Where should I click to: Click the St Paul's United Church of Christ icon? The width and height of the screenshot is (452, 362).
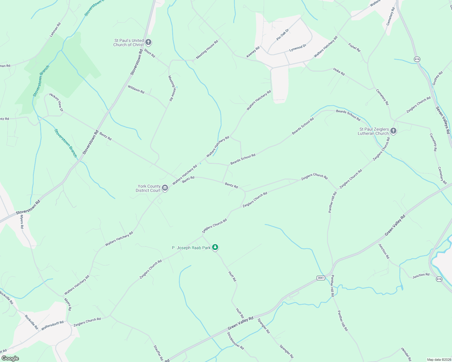coord(148,42)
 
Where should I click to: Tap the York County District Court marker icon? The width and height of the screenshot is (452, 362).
coord(165,188)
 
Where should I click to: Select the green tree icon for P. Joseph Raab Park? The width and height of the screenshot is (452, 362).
coord(215,247)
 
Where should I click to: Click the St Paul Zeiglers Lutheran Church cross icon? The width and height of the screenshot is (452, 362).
coord(393,131)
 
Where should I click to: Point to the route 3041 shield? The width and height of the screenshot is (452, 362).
coord(321,278)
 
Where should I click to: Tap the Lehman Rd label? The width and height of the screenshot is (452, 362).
coord(55,30)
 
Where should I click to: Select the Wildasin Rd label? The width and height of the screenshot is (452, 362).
coord(136,89)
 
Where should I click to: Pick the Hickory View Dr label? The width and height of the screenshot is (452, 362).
coord(56,102)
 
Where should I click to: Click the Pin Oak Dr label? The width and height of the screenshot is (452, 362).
coord(283,35)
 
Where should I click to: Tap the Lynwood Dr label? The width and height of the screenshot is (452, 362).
coord(298,48)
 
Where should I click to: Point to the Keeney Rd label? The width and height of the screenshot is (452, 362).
coord(253,52)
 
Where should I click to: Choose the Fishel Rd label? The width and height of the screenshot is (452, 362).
coord(354,48)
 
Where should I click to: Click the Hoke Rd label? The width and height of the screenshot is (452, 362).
coord(339,71)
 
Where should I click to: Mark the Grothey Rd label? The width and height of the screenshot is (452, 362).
coord(437,78)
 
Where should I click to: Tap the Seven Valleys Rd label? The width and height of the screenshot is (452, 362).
coord(443,120)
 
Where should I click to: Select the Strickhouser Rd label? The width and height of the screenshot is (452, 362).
coord(235,341)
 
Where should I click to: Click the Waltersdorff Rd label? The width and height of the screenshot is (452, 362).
coord(52,325)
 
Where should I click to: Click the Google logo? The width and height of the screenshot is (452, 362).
coord(10,358)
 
